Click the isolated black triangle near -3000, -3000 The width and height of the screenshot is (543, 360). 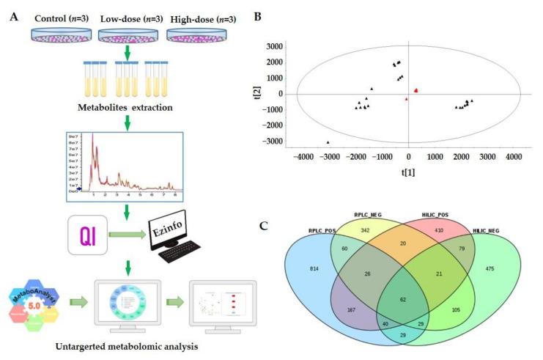pyautogui.click(x=328, y=142)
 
